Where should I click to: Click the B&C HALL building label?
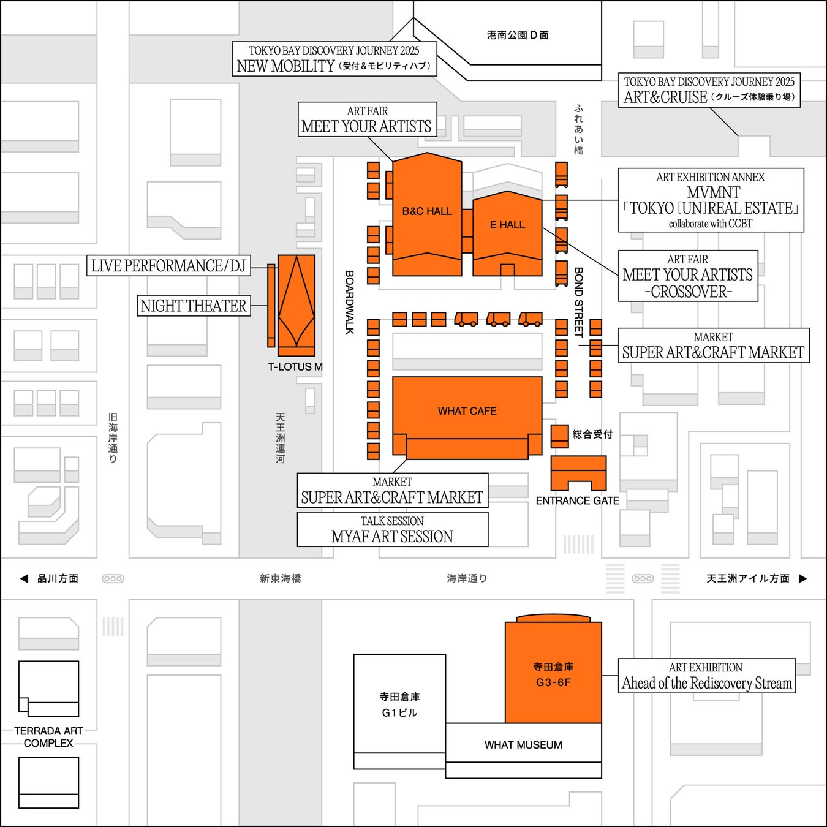click(427, 211)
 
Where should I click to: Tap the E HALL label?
click(507, 225)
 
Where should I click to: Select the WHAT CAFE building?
click(467, 411)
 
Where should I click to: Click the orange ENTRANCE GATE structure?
click(578, 472)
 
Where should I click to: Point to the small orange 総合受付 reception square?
click(559, 435)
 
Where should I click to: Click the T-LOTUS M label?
click(295, 367)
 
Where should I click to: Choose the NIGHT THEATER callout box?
click(194, 306)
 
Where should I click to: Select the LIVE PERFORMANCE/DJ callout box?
click(168, 266)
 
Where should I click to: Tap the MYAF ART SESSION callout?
click(392, 529)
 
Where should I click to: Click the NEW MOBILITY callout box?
click(334, 59)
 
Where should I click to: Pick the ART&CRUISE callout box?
click(709, 90)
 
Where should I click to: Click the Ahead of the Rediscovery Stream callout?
click(706, 676)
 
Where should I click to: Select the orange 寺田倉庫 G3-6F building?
click(553, 674)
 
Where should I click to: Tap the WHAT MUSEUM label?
click(523, 745)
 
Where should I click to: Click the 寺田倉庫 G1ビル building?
click(399, 704)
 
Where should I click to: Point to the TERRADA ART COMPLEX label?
click(48, 737)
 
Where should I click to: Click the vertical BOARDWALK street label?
click(350, 303)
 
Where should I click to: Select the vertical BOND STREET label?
click(578, 302)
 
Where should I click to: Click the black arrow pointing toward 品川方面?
click(24, 578)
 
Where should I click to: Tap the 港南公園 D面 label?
click(518, 36)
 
